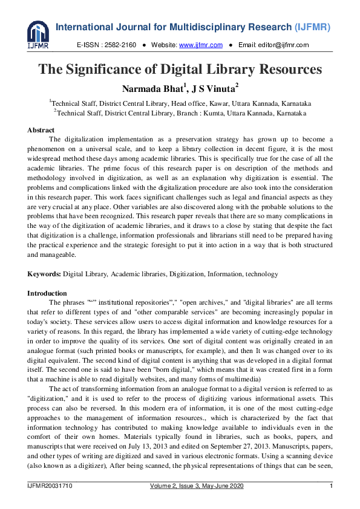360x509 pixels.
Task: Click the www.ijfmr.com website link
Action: tap(200, 45)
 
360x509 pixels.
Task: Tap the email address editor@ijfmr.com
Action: tap(283, 45)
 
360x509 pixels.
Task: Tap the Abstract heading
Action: tap(41, 130)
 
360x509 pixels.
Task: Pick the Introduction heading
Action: tap(47, 293)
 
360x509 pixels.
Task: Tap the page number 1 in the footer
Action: tap(331, 487)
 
